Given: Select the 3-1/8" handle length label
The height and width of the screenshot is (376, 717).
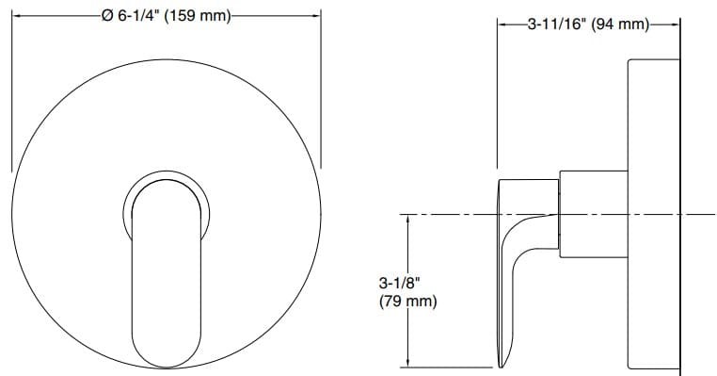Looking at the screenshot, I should (x=397, y=282).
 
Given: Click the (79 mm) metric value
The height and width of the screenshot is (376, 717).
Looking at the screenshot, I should (x=407, y=302).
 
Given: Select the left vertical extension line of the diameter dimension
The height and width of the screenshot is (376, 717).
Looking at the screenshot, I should (x=11, y=94).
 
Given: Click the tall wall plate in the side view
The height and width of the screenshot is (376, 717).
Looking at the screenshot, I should (x=652, y=217).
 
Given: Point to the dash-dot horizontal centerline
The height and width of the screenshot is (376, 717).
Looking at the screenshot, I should (x=442, y=215).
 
